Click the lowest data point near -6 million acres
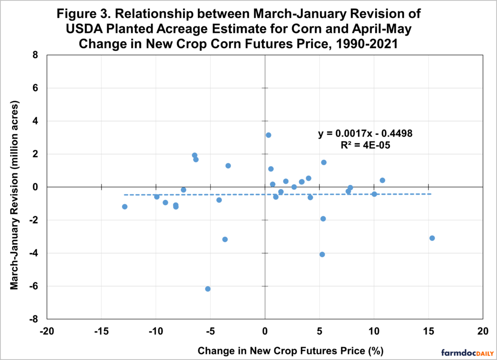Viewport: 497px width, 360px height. (x=208, y=289)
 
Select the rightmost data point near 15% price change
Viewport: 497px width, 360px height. (x=432, y=238)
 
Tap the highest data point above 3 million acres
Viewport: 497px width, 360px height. (x=268, y=135)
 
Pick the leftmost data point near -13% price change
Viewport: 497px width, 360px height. (x=125, y=207)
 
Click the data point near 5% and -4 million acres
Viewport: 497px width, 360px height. (x=322, y=254)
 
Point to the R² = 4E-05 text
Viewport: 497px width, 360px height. (x=365, y=145)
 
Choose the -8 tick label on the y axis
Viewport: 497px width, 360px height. (x=33, y=319)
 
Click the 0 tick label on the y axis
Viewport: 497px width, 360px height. (x=35, y=187)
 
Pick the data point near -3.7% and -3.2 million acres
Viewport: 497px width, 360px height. (x=225, y=239)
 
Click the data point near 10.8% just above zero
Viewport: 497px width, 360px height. (x=382, y=180)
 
